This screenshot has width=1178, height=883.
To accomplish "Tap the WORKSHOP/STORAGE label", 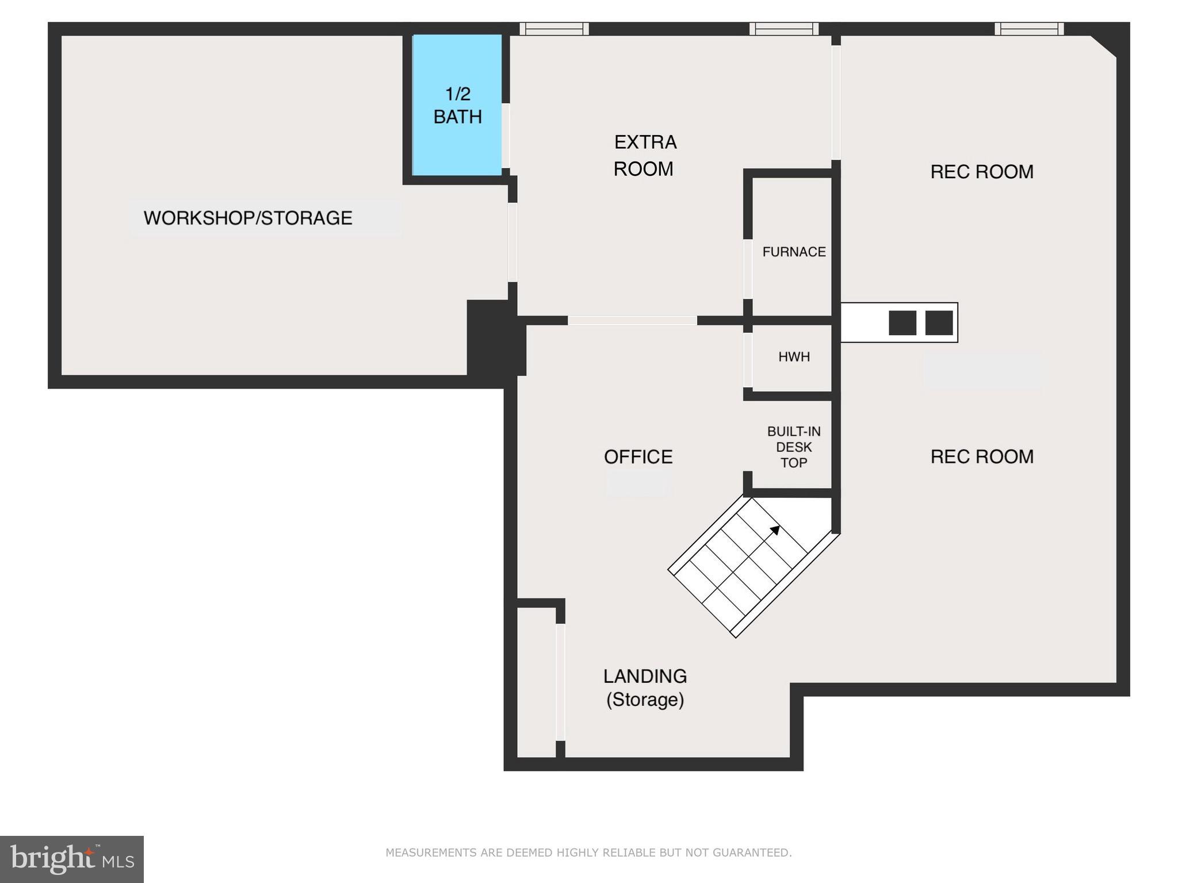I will click(248, 218).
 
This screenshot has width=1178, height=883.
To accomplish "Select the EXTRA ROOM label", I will click(644, 155).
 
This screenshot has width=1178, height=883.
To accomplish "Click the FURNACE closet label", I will click(794, 252).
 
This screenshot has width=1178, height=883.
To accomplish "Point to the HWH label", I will click(794, 357).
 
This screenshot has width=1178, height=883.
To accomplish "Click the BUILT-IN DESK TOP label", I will click(794, 447).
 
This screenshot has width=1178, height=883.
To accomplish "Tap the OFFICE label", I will click(638, 457).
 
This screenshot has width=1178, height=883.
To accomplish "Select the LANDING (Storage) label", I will click(645, 688).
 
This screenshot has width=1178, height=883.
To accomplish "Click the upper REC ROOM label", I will click(982, 172).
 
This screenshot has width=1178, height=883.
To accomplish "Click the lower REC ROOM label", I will click(982, 457).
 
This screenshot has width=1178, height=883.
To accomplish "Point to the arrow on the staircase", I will click(775, 530).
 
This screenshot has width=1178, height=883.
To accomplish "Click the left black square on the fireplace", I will click(902, 323).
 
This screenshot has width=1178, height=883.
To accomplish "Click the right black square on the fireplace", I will click(939, 323).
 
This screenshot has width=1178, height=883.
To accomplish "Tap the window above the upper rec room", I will click(1029, 29).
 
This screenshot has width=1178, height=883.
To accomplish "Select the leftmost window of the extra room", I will click(554, 29).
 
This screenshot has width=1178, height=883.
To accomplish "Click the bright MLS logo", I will click(72, 859).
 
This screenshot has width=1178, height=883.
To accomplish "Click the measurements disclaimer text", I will click(588, 853).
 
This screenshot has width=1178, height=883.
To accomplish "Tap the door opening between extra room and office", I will click(632, 321).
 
